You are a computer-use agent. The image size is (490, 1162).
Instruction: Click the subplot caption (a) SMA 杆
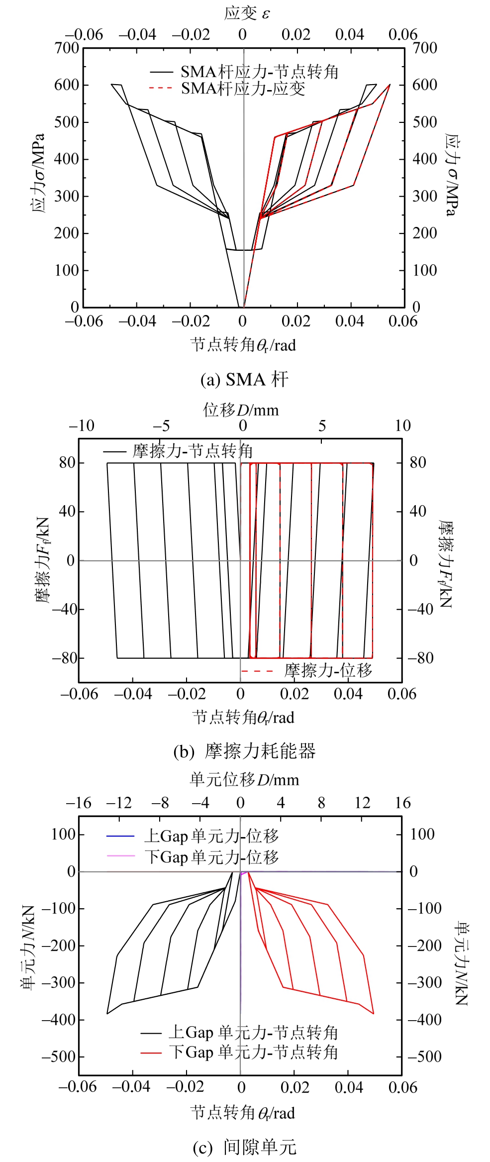[x=244, y=380]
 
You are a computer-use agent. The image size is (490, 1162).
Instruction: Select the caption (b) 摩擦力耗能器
[x=244, y=751]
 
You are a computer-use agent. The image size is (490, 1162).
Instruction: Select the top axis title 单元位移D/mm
[x=244, y=779]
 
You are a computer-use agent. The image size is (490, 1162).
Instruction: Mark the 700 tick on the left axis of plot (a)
[x=67, y=48]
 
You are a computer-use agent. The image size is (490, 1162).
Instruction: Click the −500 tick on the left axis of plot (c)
[x=58, y=1056]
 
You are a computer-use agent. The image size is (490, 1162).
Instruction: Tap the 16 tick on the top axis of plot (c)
[x=402, y=803]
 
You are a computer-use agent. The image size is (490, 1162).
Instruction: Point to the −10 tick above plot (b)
[x=82, y=425]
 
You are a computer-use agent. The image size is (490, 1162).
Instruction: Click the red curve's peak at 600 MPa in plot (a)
[x=390, y=85]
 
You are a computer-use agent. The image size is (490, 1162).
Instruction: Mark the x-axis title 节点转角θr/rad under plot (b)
[x=243, y=717]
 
